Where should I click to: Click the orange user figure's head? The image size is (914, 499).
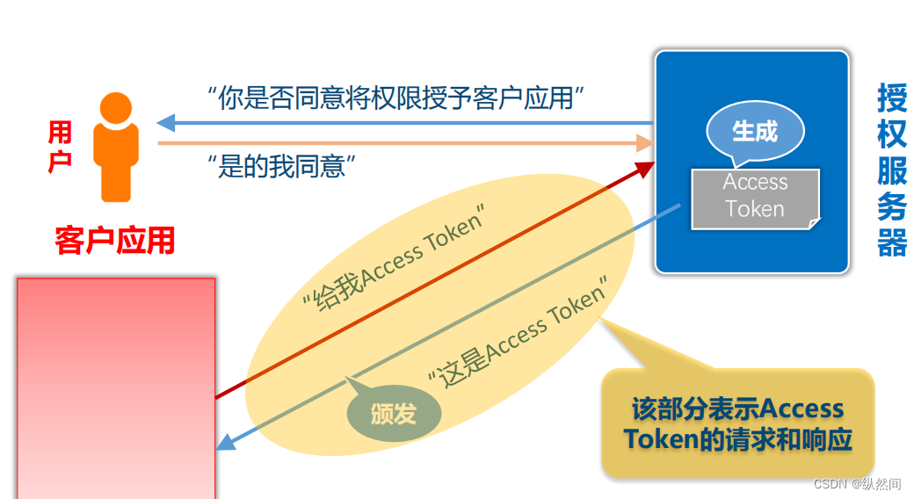[116, 108]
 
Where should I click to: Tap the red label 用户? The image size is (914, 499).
[61, 147]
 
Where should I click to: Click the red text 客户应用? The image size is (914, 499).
[114, 240]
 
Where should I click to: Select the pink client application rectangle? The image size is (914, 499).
[116, 387]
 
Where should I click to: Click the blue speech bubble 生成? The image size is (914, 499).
[754, 133]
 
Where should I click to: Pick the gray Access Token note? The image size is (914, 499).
[754, 197]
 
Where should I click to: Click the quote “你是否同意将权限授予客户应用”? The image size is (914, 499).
[397, 98]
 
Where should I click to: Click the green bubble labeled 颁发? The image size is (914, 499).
[393, 414]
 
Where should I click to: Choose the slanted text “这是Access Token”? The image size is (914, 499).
[519, 335]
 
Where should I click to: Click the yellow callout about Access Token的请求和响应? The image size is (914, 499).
[738, 423]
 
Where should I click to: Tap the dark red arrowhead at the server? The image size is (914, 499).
[646, 166]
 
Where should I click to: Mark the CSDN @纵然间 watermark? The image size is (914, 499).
[856, 484]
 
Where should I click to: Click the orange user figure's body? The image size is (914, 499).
[116, 163]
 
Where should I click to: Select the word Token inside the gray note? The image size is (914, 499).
[754, 209]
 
